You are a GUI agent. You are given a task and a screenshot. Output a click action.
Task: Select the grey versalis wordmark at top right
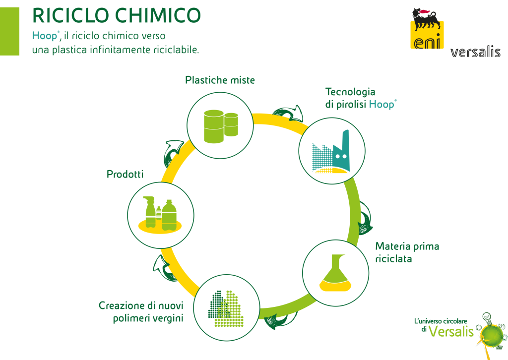[475, 52]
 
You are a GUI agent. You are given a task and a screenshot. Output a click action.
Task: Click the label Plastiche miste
[220, 80]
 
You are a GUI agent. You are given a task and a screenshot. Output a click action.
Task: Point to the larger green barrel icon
[214, 126]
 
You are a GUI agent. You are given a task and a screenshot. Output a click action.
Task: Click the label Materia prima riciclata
[407, 252]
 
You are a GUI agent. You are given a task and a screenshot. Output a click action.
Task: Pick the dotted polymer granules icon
[226, 308]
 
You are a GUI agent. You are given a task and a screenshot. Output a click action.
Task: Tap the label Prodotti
[125, 174]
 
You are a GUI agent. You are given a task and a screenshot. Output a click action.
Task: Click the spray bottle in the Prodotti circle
[150, 212]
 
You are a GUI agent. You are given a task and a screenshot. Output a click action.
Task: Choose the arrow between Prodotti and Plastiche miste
[173, 153]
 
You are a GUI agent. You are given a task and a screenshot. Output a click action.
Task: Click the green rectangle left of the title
[10, 31]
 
